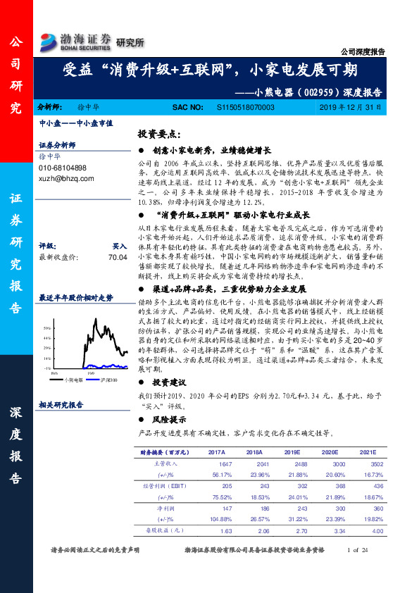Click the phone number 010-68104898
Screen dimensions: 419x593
coord(63,168)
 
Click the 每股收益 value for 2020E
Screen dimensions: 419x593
coord(339,530)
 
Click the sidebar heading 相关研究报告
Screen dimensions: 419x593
coord(61,405)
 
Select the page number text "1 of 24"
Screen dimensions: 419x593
coord(359,549)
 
